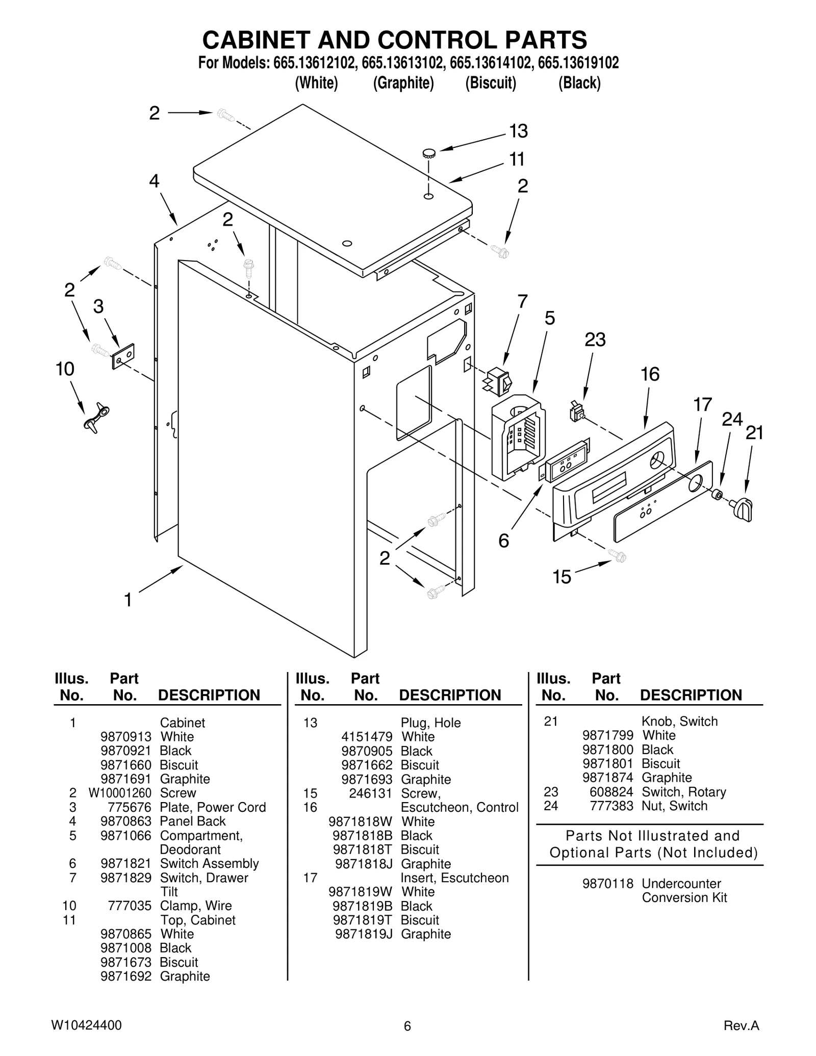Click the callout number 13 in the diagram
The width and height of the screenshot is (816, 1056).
click(518, 131)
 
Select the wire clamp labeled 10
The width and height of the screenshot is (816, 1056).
click(96, 417)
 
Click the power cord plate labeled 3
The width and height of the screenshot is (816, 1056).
click(123, 355)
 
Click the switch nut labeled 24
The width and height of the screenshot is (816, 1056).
click(717, 494)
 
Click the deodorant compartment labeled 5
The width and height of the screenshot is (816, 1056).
click(517, 436)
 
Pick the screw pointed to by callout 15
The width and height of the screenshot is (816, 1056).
click(618, 556)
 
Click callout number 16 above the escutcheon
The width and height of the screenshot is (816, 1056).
click(650, 374)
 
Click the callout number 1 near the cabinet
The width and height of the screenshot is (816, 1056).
click(128, 600)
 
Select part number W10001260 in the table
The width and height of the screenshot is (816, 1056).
click(120, 793)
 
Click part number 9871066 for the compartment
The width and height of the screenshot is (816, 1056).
click(126, 835)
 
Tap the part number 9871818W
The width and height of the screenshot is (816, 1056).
click(361, 821)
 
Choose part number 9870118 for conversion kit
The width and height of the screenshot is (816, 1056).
click(608, 884)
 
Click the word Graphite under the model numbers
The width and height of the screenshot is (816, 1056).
click(403, 83)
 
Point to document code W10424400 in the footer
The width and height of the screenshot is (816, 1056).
click(86, 1025)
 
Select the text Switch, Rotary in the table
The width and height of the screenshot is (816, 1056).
click(683, 792)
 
